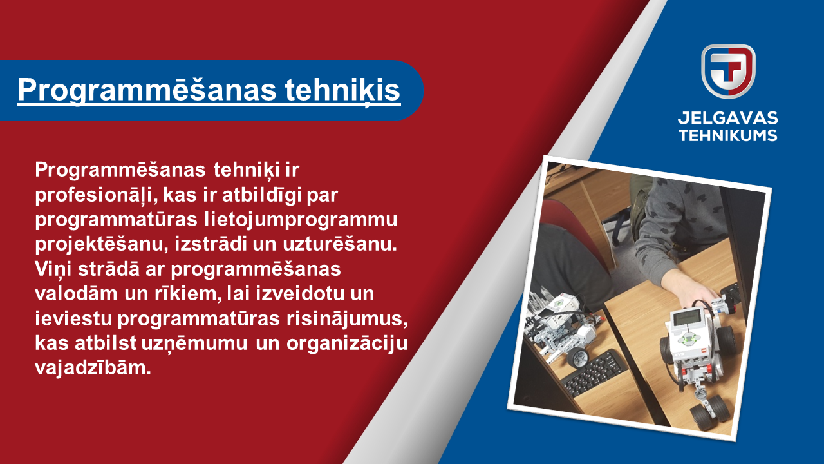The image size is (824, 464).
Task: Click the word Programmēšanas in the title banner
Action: tap(147, 90)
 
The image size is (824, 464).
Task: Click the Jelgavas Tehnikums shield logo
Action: tap(728, 72)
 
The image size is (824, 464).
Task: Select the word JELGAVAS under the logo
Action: tap(727, 118)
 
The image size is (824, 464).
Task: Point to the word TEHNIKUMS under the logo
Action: tap(727, 135)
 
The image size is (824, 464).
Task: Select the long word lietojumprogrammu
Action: tap(301, 220)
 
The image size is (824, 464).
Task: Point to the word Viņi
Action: tap(53, 269)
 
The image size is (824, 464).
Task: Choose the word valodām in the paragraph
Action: tap(76, 293)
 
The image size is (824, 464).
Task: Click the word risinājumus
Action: tap(347, 319)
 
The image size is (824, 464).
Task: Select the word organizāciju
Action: tap(347, 344)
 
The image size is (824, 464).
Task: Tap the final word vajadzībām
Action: tap(93, 368)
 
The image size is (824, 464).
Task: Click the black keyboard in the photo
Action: tap(595, 372)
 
